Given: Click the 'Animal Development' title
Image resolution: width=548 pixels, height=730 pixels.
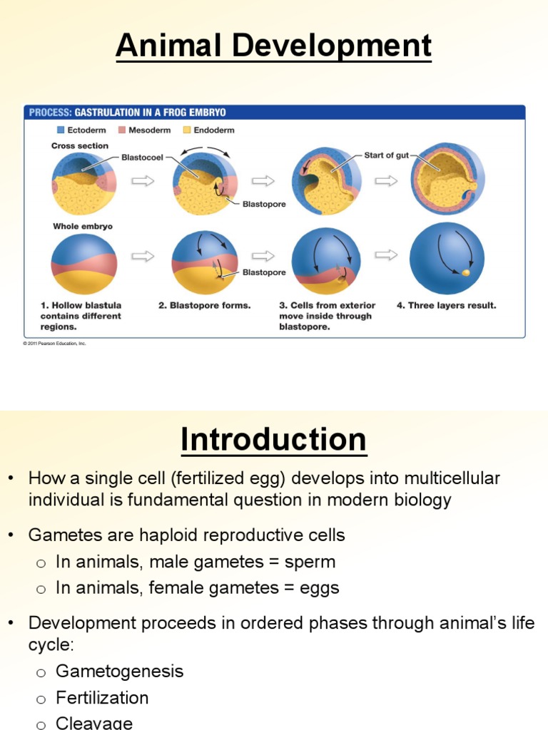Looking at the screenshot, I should [273, 46].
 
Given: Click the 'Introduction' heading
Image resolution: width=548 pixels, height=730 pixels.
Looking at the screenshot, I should [273, 440].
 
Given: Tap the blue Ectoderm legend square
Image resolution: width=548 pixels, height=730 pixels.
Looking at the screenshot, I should [61, 130].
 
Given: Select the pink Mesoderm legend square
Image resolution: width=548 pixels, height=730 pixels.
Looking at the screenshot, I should [122, 130].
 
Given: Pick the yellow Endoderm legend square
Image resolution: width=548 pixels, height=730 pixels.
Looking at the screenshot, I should [188, 130].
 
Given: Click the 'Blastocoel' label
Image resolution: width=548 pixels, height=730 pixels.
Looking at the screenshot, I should [143, 157].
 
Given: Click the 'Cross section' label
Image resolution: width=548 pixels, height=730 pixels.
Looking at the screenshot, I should [80, 145].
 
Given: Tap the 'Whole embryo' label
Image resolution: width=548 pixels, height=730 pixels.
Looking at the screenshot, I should [82, 226].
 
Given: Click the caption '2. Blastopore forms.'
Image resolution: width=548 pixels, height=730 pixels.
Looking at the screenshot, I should [204, 306].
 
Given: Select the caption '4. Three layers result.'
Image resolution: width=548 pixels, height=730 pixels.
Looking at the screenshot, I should [446, 306].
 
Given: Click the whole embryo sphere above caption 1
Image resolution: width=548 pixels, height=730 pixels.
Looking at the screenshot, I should [83, 264].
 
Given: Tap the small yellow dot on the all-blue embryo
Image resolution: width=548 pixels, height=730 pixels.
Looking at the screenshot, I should [465, 272].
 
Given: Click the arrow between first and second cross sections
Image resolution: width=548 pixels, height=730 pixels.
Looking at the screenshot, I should [143, 180].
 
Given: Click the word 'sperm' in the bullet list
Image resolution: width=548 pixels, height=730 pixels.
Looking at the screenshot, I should [310, 562].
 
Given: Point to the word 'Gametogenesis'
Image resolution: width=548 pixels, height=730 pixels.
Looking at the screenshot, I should [119, 671].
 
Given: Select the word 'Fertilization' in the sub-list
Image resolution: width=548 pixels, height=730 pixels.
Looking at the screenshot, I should [102, 698].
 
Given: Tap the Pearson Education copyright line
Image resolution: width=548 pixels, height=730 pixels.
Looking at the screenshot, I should [54, 344].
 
